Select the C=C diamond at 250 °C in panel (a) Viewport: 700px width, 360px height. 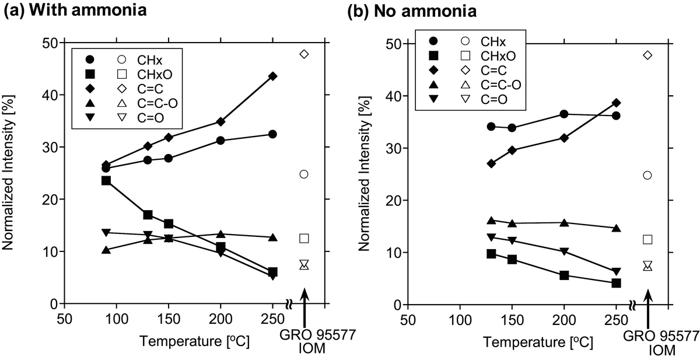click(272, 76)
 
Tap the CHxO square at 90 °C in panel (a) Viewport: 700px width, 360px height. click(106, 180)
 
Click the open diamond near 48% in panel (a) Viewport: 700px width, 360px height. click(303, 54)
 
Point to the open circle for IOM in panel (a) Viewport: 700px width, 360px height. click(303, 174)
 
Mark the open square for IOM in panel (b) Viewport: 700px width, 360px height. click(647, 239)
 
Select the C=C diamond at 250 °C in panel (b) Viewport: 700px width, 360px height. click(616, 103)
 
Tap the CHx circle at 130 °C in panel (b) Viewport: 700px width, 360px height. click(491, 127)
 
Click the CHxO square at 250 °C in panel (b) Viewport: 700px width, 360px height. click(616, 283)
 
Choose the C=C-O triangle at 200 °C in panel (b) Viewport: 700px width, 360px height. click(564, 223)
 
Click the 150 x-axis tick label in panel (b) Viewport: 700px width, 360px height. click(512, 320)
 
